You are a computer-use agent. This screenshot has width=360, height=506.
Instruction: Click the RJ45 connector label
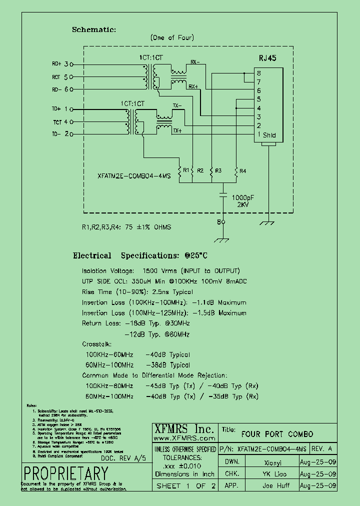pyautogui.click(x=267, y=58)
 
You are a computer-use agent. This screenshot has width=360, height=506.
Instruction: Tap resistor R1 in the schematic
pyautogui.click(x=179, y=170)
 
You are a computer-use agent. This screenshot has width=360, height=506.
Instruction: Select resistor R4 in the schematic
pyautogui.click(x=236, y=171)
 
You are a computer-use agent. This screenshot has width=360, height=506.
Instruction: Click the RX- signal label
pyautogui.click(x=194, y=62)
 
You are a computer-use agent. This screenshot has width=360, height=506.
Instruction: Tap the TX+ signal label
pyautogui.click(x=177, y=130)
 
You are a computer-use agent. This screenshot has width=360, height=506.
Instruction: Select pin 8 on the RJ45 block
pyautogui.click(x=259, y=73)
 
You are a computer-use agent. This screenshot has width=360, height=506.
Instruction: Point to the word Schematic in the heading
pyautogui.click(x=93, y=29)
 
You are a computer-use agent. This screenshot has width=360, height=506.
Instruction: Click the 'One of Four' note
pyautogui.click(x=172, y=37)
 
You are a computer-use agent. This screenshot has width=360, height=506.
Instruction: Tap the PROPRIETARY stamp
pyautogui.click(x=65, y=472)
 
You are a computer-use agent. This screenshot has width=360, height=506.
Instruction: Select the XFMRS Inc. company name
pyautogui.click(x=183, y=428)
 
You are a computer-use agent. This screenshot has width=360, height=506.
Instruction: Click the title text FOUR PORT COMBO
pyautogui.click(x=277, y=433)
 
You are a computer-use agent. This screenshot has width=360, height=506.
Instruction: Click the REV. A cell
pyautogui.click(x=324, y=448)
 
